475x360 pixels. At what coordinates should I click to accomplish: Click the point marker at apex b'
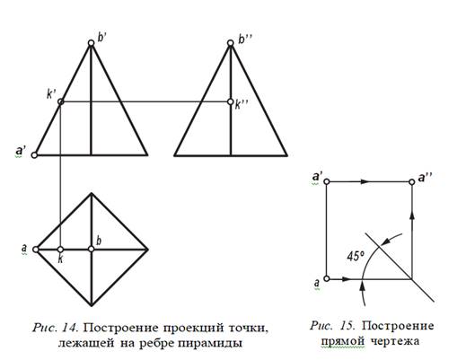coord(91,43)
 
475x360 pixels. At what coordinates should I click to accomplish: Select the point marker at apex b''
coord(230,43)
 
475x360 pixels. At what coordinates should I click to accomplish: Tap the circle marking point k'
coord(60,101)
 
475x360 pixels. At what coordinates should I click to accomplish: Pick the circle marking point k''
coord(230,101)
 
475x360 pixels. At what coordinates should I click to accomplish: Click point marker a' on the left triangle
coord(34,155)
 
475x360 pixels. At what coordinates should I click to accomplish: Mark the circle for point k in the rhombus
coord(60,250)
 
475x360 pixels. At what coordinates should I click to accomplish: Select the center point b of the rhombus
coord(92,250)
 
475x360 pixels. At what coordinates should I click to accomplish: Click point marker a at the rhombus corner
coord(35,250)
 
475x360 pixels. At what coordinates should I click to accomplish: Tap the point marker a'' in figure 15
coord(411,182)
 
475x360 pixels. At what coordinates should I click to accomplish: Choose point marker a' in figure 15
coord(327,181)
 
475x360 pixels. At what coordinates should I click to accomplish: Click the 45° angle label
coord(356,257)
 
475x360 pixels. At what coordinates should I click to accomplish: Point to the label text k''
coord(242,105)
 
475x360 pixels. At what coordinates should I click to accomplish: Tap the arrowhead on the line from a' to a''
coord(365,181)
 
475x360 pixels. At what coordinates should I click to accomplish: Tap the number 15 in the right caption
coord(347,326)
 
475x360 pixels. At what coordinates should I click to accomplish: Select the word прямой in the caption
coord(343,342)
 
